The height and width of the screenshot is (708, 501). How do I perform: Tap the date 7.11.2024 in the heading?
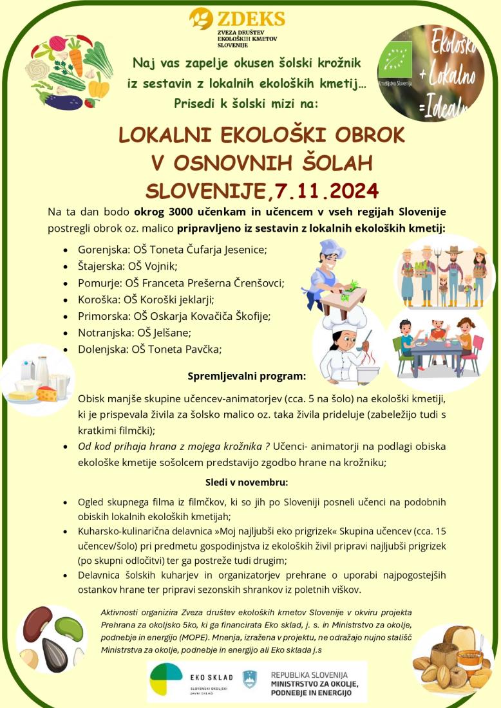pyautogui.click(x=325, y=191)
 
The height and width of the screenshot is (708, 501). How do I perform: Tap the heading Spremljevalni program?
pyautogui.click(x=247, y=375)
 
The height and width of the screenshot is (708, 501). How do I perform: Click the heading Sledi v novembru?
pyautogui.click(x=247, y=482)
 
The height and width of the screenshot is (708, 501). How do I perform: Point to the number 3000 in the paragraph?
pyautogui.click(x=187, y=212)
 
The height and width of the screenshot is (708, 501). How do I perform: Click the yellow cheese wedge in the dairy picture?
pyautogui.click(x=47, y=393)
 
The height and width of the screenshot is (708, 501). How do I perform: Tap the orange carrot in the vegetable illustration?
pyautogui.click(x=76, y=61)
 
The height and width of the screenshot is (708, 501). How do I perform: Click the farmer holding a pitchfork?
pyautogui.click(x=453, y=273)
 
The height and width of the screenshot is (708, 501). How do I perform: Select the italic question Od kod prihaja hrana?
pyautogui.click(x=173, y=446)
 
